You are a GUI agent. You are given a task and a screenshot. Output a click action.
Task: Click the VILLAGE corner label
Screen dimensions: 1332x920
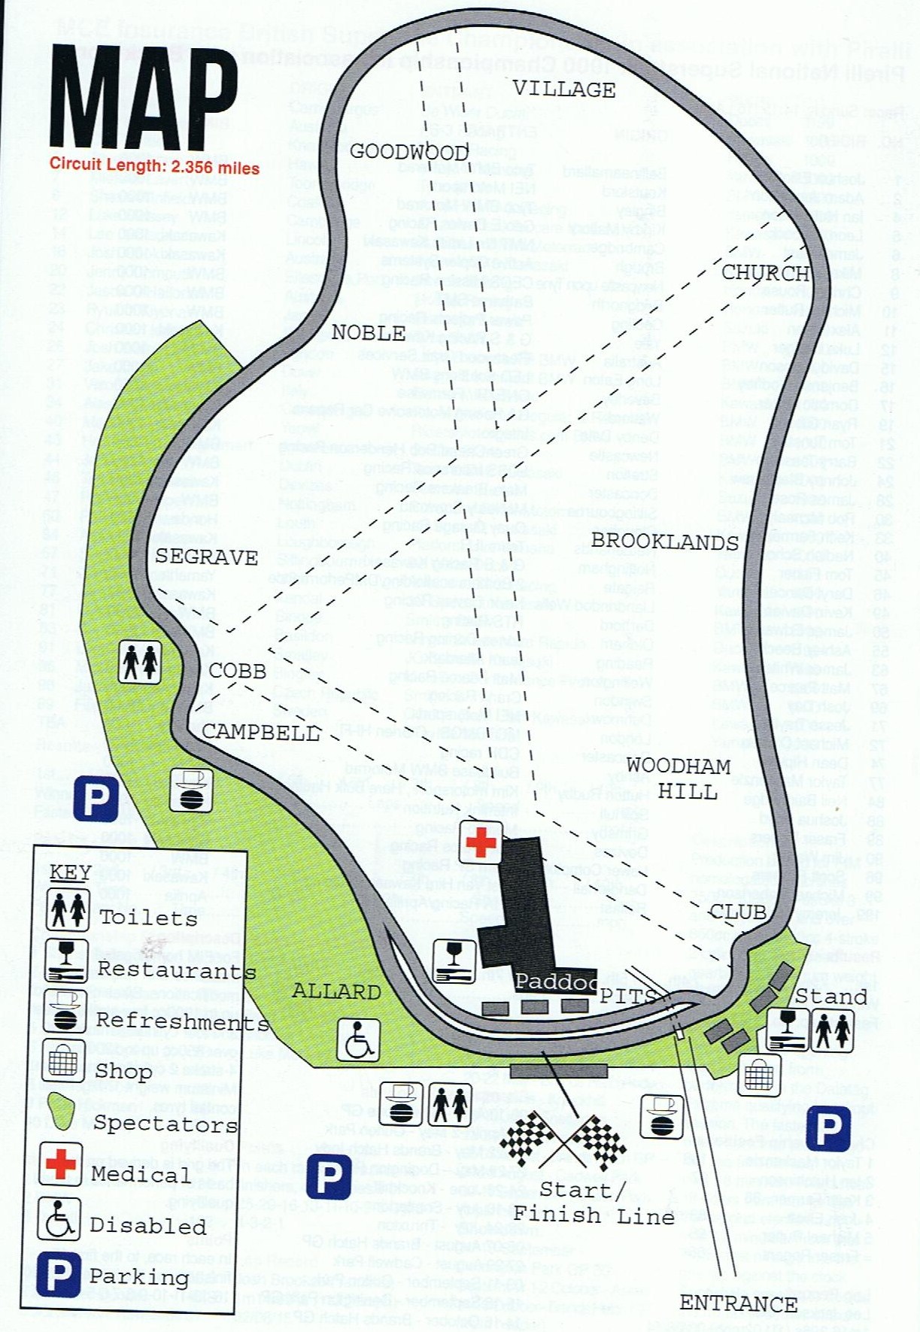point(563,90)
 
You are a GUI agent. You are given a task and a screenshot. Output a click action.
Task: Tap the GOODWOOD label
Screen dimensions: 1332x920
point(408,152)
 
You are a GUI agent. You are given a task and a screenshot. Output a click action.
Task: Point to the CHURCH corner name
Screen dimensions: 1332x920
point(765,272)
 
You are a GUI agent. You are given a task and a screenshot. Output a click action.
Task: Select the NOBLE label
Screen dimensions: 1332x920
point(369,333)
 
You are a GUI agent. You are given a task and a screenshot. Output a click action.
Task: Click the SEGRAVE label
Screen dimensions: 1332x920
point(206,557)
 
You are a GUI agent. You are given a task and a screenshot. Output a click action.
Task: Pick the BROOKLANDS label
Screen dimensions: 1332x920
point(664,542)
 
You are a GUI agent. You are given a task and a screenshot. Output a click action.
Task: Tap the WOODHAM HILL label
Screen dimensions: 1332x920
point(679,778)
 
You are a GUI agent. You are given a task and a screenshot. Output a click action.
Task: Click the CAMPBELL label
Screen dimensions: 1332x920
point(260,731)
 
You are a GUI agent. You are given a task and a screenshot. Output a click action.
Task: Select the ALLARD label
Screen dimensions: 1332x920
point(336,991)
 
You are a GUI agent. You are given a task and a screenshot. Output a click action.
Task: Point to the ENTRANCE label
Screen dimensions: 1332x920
point(738,1303)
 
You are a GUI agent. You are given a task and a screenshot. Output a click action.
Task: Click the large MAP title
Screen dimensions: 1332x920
point(144,98)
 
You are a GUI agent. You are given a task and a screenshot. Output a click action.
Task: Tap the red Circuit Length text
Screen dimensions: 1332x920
point(154,166)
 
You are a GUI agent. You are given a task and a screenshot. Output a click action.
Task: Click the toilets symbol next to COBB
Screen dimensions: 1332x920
point(141,663)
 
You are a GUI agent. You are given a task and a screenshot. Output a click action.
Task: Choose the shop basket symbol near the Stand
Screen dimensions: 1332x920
point(758,1076)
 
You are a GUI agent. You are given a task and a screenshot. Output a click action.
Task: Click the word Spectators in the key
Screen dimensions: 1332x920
point(165,1124)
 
